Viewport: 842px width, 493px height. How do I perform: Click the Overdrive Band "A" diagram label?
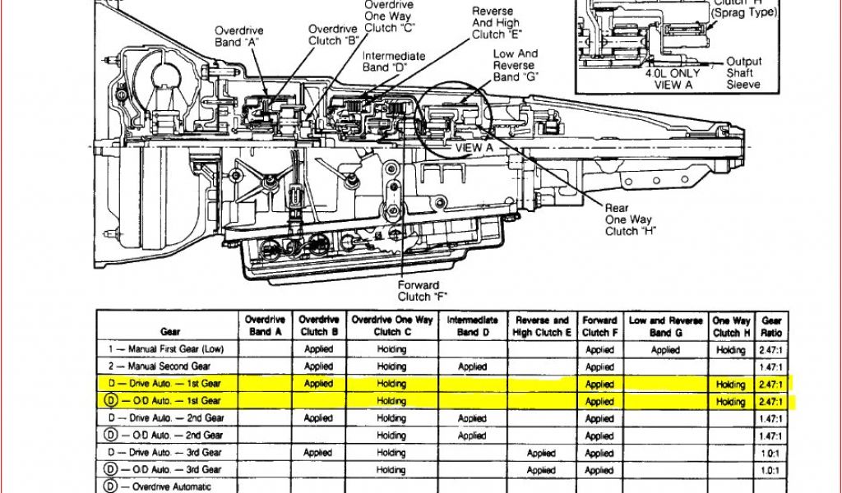pyautogui.click(x=238, y=37)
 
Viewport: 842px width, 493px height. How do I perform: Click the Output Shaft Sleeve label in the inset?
pyautogui.click(x=743, y=72)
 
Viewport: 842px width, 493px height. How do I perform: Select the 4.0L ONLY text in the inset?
pyautogui.click(x=672, y=72)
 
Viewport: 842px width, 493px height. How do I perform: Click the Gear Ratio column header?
pyautogui.click(x=772, y=326)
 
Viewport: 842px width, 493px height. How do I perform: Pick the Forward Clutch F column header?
pyautogui.click(x=599, y=326)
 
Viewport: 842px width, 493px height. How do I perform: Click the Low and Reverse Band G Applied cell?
pyautogui.click(x=665, y=349)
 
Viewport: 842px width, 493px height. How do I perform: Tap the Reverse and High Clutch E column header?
pyautogui.click(x=542, y=326)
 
